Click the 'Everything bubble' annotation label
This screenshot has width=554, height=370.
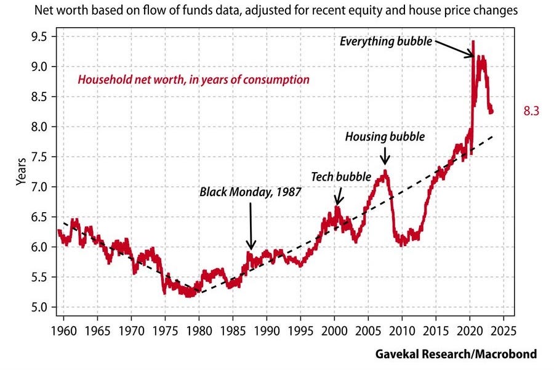(387, 42)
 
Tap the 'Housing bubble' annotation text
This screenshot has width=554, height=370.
(385, 136)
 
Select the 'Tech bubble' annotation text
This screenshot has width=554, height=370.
(340, 176)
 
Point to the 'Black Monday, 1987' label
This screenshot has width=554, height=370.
(250, 191)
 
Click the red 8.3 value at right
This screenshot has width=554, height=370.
(531, 111)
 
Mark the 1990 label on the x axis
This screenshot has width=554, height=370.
(267, 323)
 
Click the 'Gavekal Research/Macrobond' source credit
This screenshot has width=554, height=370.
(456, 354)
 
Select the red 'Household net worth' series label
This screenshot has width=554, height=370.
(193, 80)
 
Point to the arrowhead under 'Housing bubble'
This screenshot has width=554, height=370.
(385, 162)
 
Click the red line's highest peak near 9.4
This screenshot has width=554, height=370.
(473, 42)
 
